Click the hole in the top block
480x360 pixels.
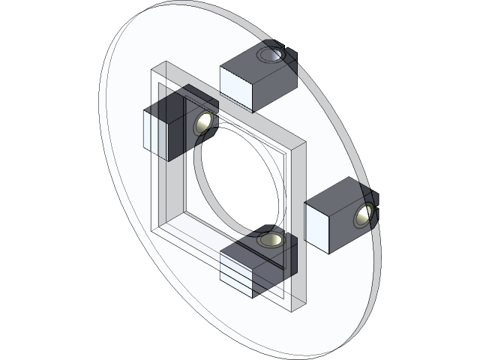pos(271,55)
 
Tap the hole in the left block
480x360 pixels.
pos(203,122)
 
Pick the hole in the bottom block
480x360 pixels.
pos(271,240)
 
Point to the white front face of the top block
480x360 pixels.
pos(235,84)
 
